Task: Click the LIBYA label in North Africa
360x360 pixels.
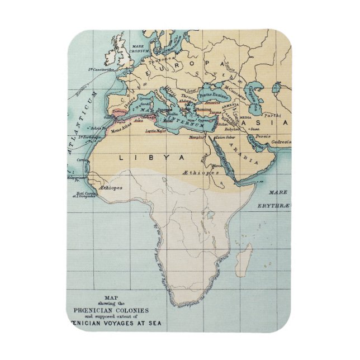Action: click(151, 159)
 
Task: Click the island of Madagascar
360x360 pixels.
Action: click(244, 262)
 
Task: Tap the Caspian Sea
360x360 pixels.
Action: click(258, 95)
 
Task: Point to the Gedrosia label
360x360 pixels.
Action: click(278, 142)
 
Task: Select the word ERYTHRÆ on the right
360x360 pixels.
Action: click(274, 206)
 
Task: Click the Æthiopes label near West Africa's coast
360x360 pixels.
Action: click(110, 188)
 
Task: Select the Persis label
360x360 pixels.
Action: click(262, 136)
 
